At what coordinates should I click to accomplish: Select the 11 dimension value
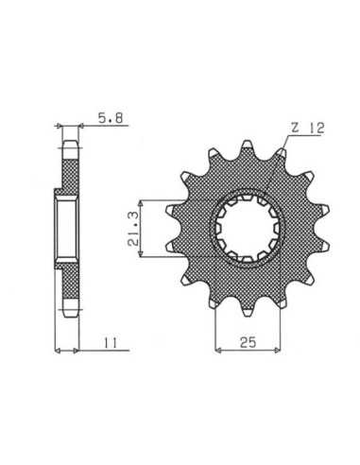(111, 342)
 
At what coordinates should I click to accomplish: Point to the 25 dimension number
(248, 342)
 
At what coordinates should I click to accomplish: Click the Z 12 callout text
(307, 129)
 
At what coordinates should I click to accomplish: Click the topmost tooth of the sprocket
(247, 146)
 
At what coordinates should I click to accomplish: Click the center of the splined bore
(247, 229)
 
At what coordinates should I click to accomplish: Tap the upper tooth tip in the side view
(70, 149)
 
